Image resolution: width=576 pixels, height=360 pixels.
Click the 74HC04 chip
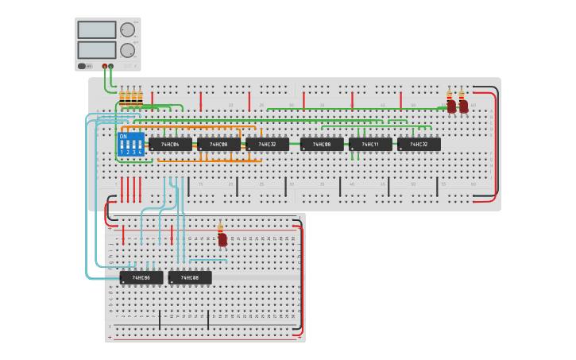170,145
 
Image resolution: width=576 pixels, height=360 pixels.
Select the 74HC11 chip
370,145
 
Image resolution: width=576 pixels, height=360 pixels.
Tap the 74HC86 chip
141,278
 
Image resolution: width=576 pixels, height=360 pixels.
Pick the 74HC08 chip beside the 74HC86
190,278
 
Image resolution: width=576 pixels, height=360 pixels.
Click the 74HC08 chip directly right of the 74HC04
218,145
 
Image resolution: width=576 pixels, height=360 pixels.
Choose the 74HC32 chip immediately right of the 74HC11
419,145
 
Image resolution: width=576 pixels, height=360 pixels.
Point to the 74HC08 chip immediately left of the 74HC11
322,145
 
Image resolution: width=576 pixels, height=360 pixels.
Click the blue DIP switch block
130,145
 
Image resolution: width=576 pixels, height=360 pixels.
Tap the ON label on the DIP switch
123,136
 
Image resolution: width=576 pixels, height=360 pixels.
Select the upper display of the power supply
97,30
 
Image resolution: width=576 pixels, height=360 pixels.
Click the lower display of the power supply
97,50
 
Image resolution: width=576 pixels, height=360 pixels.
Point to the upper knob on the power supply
127,30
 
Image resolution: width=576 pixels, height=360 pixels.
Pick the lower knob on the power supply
127,50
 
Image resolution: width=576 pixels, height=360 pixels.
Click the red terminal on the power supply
104,66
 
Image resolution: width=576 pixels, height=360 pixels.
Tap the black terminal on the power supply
111,66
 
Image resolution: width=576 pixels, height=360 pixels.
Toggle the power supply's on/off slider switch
82,66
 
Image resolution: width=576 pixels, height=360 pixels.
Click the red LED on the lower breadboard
222,238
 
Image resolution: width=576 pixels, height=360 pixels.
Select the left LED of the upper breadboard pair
451,106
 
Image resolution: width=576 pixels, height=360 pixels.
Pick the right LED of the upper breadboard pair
463,106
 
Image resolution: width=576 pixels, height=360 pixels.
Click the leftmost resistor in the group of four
122,99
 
